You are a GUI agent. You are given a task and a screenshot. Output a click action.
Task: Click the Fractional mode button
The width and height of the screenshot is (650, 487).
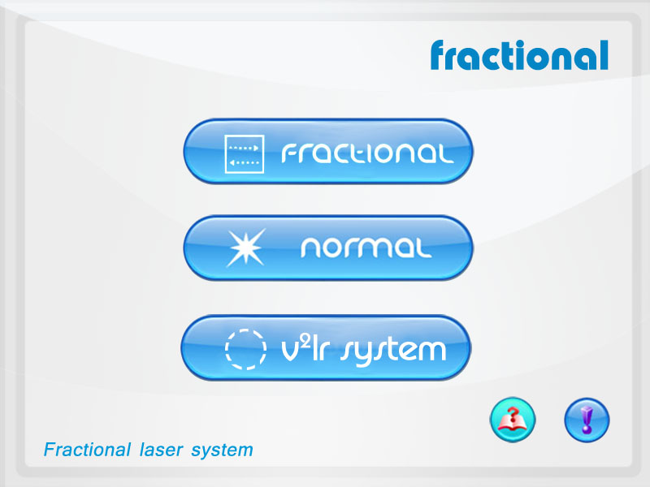tap(328, 152)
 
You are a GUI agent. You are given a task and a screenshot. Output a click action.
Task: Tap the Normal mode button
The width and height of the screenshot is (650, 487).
tap(328, 248)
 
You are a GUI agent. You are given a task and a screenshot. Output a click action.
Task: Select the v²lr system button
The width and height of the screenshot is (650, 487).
tap(326, 348)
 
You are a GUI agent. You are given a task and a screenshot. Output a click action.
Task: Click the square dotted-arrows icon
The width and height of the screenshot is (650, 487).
tap(245, 154)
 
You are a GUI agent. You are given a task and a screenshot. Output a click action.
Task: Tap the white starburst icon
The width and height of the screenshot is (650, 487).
tap(246, 248)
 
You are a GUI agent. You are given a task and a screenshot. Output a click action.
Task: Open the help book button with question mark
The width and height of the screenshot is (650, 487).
tap(513, 420)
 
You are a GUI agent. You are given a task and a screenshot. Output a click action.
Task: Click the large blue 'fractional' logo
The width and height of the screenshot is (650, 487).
tap(519, 55)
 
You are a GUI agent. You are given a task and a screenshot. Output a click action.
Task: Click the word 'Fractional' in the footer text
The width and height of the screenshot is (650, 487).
tap(87, 450)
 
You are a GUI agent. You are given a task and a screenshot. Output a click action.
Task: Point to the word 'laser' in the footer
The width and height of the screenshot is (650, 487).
tap(161, 450)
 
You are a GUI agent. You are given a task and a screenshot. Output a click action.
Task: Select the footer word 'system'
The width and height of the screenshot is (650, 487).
tap(222, 451)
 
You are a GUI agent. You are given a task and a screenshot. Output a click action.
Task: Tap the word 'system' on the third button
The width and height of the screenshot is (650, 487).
tap(393, 351)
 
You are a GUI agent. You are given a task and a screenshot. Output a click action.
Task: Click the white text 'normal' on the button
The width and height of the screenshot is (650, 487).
tap(366, 248)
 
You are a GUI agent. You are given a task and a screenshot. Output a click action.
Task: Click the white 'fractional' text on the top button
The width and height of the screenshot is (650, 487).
tap(368, 153)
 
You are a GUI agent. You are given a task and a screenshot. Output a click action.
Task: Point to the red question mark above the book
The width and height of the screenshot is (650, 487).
tap(513, 413)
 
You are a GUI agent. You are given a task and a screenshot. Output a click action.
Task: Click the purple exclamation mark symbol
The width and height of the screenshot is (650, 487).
tap(587, 420)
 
